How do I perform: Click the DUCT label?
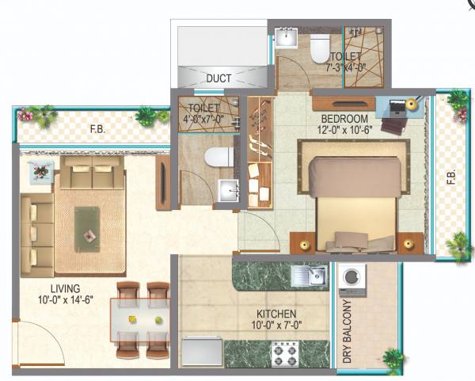pos(218,78)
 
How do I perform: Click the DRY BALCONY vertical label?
pos(347,333)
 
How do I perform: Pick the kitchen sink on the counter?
pos(309,276)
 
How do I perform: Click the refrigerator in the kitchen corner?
pos(201,352)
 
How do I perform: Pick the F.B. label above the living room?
pos(98,128)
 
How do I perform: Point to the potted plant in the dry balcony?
pos(390,361)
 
